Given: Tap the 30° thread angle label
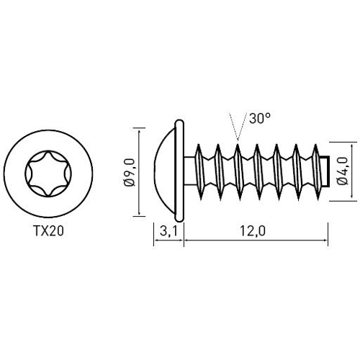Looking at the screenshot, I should (x=259, y=120).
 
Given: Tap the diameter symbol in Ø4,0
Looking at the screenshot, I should (x=342, y=184).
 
